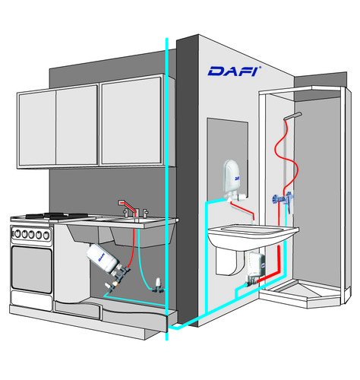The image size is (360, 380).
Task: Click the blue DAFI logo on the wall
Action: (234, 71)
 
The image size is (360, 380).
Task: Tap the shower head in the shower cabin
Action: (293, 116)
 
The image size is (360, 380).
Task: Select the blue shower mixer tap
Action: (283, 199)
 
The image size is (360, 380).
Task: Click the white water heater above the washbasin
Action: (232, 177)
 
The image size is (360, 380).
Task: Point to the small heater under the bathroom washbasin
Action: (255, 267)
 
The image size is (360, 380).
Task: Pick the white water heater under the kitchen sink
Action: (104, 259)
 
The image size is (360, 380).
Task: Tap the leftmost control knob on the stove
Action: (17, 233)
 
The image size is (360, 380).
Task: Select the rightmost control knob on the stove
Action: (46, 236)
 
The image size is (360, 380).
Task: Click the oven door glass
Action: (32, 269)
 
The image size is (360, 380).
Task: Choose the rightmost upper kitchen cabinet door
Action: (131, 121)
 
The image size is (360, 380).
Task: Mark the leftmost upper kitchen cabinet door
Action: (36, 128)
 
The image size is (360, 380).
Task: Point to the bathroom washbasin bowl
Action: (253, 235)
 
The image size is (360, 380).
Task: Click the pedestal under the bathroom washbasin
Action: (226, 261)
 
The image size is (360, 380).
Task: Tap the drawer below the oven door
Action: (31, 301)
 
